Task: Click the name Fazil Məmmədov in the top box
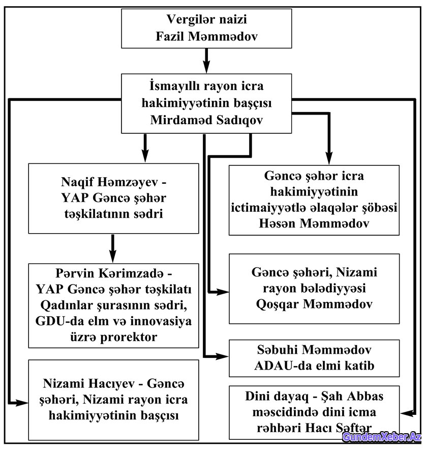206,37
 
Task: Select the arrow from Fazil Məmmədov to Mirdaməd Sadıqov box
206,61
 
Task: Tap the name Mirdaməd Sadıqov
206,120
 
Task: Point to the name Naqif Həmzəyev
109,182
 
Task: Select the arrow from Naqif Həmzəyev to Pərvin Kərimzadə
113,248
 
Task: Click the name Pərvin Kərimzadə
109,273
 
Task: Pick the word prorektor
128,337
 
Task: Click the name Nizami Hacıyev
89,383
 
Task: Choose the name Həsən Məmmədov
314,223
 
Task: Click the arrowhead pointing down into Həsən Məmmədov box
329,158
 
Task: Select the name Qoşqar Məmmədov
314,304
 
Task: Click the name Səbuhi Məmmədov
314,350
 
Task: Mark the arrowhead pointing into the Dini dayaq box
407,413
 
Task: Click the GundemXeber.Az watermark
382,437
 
